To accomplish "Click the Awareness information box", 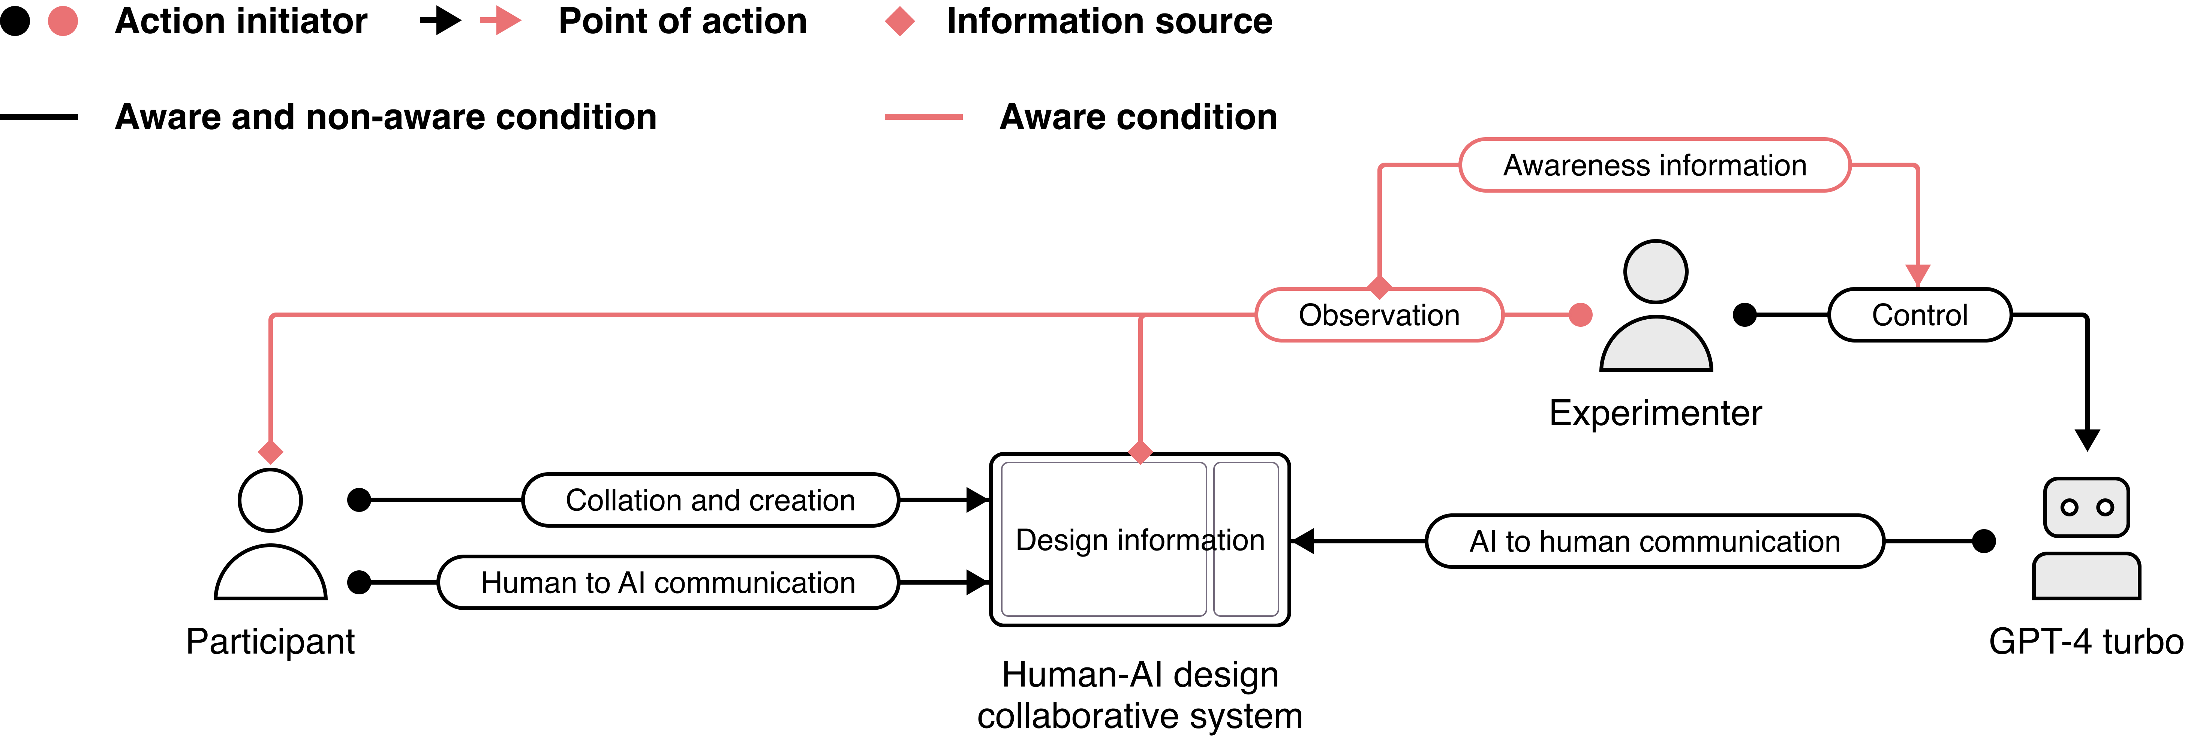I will (x=1654, y=165).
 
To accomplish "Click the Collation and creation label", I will (x=710, y=500).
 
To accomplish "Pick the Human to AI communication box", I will (x=668, y=582).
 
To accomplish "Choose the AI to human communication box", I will (x=1654, y=541).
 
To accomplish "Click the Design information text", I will (x=1139, y=540).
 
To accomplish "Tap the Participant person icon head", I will (x=270, y=500).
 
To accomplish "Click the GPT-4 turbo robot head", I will (x=2087, y=507).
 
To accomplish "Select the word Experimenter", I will (x=1655, y=413).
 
